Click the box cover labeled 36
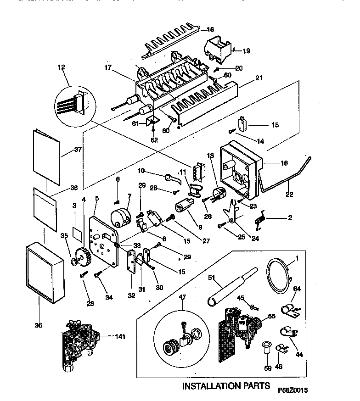(x=45, y=273)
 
